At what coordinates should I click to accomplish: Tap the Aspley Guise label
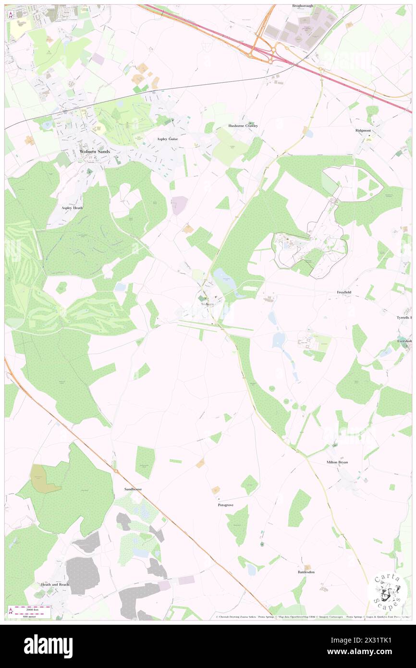[x=168, y=139]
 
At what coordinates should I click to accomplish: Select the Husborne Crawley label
[x=243, y=126]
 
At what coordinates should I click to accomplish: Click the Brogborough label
[x=303, y=6]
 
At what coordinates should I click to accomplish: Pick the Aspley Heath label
[x=72, y=208]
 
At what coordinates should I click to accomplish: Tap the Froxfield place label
[x=343, y=292]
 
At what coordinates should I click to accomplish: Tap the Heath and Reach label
[x=55, y=585]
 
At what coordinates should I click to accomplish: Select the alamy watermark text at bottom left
[x=48, y=645]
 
